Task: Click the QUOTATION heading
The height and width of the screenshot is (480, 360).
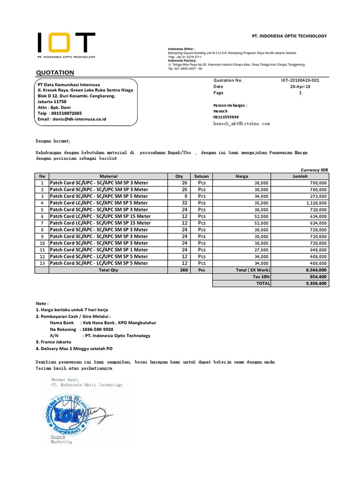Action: tap(55, 73)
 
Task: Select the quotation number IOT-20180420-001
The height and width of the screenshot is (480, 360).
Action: tap(300, 80)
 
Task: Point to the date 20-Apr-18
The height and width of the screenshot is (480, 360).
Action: tap(300, 87)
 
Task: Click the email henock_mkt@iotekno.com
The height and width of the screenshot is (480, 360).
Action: tap(241, 123)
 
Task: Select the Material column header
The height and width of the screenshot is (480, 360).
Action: tap(108, 176)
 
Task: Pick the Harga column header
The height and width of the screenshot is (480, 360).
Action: tap(242, 176)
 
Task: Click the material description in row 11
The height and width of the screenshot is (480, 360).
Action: tap(98, 250)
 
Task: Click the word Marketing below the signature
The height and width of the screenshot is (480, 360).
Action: tap(61, 442)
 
